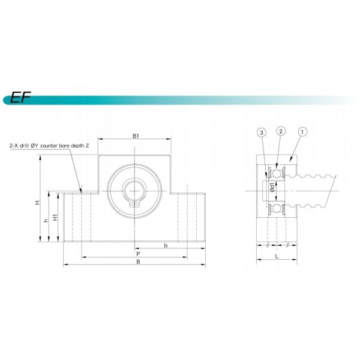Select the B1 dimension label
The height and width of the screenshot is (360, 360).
click(136, 137)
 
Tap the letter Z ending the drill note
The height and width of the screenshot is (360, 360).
click(88, 146)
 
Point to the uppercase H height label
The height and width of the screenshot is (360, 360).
click(37, 203)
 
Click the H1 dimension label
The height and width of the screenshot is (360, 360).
click(55, 217)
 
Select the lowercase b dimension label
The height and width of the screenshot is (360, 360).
click(166, 245)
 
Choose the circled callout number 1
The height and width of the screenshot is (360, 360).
click(302, 131)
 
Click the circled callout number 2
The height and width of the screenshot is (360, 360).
click(280, 131)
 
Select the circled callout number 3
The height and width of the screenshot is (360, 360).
click(260, 131)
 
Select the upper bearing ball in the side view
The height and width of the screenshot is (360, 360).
click(277, 173)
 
